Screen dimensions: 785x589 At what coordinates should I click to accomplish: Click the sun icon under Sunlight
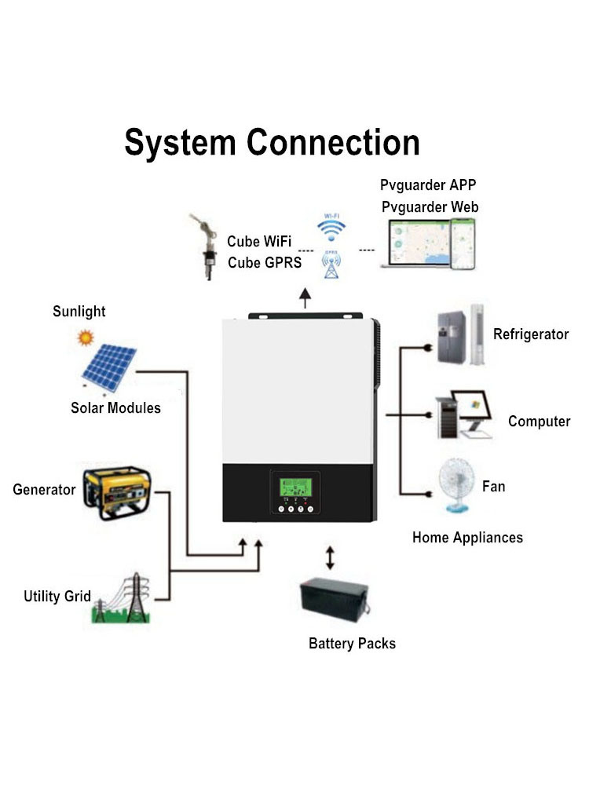tap(85, 338)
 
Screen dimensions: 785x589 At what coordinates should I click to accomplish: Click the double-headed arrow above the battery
tap(330, 559)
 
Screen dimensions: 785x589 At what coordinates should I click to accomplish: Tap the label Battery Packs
tap(352, 644)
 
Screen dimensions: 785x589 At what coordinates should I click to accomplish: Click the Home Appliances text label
tap(467, 538)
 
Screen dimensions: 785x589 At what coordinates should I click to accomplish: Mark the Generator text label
tap(44, 490)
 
